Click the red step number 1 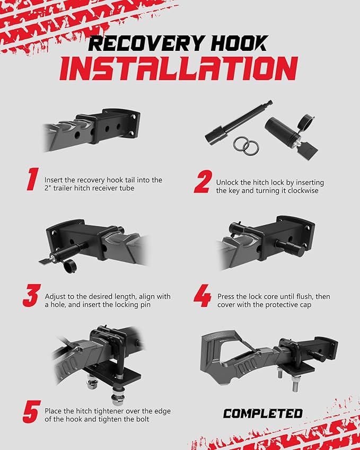tap(32, 179)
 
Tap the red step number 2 tap(203, 181)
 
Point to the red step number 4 tap(203, 296)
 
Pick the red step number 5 tap(32, 412)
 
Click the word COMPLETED tap(262, 413)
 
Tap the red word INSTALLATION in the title tap(179, 68)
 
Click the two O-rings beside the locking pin tap(246, 146)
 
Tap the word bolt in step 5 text tap(143, 419)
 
